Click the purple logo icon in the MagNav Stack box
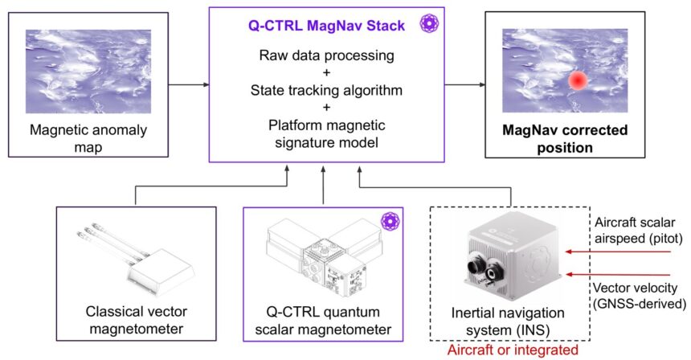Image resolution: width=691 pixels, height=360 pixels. pyautogui.click(x=430, y=25)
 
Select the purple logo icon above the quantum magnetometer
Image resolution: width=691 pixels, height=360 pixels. pyautogui.click(x=389, y=220)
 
